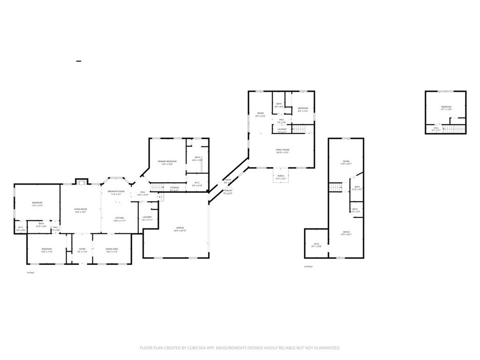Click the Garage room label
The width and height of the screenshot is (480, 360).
click(177, 228)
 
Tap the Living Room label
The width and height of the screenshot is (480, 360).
click(80, 210)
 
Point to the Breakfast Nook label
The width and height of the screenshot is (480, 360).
click(116, 191)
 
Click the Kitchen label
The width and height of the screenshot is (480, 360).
click(120, 218)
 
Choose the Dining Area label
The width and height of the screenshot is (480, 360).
click(112, 249)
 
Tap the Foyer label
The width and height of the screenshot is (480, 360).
click(82, 249)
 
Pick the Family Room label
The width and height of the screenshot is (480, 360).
click(282, 150)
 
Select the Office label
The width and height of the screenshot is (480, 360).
click(346, 232)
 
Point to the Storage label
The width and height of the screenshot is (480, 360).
click(174, 188)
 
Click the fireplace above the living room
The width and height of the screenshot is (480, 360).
click(81, 182)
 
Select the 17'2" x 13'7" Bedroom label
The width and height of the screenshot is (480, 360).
click(37, 203)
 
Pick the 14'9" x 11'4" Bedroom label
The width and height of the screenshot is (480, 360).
click(46, 249)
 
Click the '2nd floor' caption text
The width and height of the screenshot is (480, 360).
click(308, 266)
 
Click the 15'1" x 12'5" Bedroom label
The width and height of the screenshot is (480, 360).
click(446, 107)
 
